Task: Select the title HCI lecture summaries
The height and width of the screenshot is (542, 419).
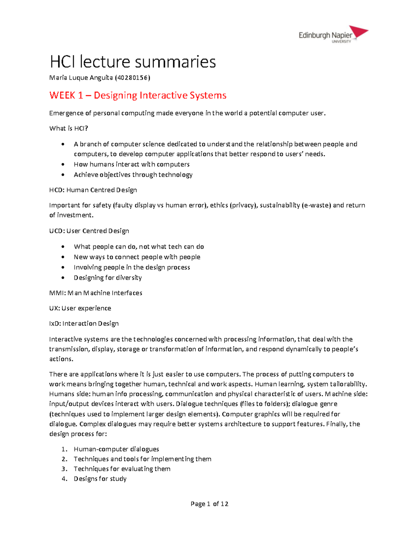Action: [133, 62]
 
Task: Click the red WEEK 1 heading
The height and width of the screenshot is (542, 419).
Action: [138, 95]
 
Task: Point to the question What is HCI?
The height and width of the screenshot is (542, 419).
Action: [68, 128]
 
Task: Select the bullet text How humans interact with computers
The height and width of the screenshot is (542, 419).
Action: [131, 164]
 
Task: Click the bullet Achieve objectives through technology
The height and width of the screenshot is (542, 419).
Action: [133, 175]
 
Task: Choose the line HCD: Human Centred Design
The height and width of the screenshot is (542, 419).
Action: [93, 190]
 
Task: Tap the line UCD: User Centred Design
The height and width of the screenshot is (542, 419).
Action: [89, 231]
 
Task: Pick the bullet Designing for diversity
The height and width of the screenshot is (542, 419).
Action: [108, 277]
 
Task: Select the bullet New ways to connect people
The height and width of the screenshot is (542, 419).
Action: [137, 257]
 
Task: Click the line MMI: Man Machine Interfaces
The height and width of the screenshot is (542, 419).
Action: [96, 293]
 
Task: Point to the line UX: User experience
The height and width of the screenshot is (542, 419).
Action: [80, 308]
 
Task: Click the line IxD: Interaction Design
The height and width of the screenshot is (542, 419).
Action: [84, 324]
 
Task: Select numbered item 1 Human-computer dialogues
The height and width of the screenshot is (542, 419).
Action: [116, 449]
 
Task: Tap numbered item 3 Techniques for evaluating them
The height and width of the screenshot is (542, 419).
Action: [122, 469]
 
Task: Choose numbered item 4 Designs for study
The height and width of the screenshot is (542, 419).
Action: [100, 479]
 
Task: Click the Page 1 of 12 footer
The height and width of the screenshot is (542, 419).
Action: [209, 504]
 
